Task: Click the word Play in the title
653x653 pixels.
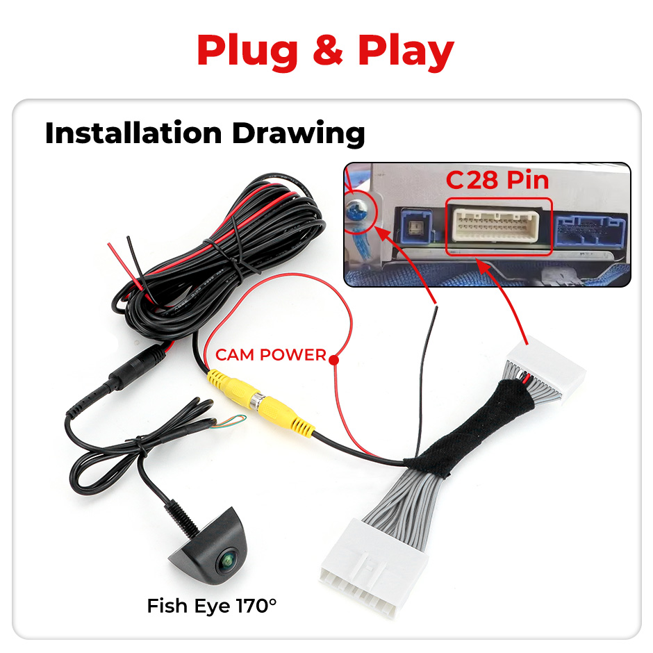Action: tap(406, 50)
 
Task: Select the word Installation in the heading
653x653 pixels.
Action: tap(135, 133)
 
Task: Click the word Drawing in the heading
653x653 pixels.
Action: tap(299, 133)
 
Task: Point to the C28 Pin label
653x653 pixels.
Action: tap(497, 180)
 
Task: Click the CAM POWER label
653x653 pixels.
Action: tap(270, 355)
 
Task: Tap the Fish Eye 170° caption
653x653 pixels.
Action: tap(211, 606)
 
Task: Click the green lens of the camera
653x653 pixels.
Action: tap(227, 560)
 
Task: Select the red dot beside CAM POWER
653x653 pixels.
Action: tap(334, 359)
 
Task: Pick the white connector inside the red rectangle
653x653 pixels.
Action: tap(497, 226)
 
